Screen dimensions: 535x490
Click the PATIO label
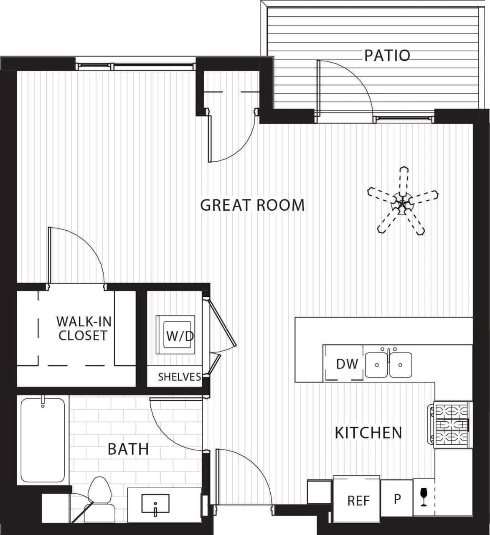[387, 55]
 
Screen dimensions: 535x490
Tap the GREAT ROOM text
[252, 205]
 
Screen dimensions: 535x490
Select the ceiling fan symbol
[402, 202]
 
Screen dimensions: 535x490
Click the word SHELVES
[179, 377]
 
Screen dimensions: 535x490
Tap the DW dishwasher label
[347, 364]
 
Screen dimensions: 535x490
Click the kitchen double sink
[388, 365]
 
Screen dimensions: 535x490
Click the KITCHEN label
[368, 433]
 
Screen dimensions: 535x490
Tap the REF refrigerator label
[358, 500]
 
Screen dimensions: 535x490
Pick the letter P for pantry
[397, 499]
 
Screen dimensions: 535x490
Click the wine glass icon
[424, 497]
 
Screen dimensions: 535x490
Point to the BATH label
[128, 449]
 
